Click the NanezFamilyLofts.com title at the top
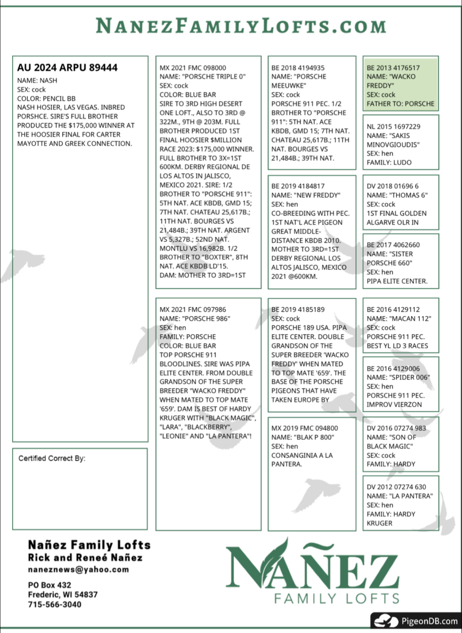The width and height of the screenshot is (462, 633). [241, 26]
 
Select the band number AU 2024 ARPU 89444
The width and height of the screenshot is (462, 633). [67, 68]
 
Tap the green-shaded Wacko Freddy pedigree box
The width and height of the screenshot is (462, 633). [400, 83]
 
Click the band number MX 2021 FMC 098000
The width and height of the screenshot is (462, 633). [193, 68]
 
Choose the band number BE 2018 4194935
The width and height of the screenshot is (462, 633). [298, 68]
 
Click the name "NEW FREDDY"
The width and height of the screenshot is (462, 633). [306, 195]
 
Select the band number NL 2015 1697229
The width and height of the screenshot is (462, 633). [393, 127]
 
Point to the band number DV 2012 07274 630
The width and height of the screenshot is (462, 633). [396, 487]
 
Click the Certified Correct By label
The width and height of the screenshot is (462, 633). [52, 458]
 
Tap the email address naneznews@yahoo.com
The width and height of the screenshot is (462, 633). [78, 570]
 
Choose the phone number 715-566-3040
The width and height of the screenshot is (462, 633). [54, 605]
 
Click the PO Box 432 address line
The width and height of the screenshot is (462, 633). [50, 585]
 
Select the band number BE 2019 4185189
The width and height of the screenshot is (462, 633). [298, 310]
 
